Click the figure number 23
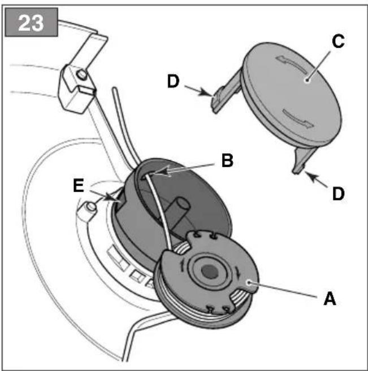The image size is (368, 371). [31, 23]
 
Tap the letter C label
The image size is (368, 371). [338, 41]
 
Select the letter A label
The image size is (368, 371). [330, 299]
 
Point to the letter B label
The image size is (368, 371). [227, 160]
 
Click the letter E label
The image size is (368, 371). [79, 186]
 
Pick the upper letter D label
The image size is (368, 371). [174, 81]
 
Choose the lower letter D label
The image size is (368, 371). [339, 194]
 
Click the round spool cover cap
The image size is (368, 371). [291, 95]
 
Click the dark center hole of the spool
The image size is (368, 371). [210, 272]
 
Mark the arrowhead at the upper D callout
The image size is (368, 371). [206, 92]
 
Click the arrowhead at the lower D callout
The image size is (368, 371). [310, 176]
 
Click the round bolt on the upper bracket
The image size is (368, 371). [83, 75]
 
